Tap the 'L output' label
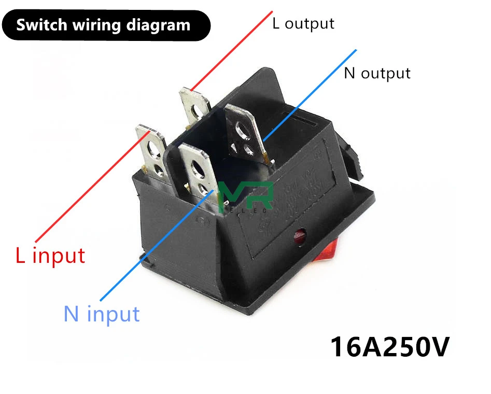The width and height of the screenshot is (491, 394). pos(303,23)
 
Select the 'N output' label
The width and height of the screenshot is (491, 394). pos(377,73)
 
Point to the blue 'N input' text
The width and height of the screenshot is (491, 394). pos(102,314)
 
